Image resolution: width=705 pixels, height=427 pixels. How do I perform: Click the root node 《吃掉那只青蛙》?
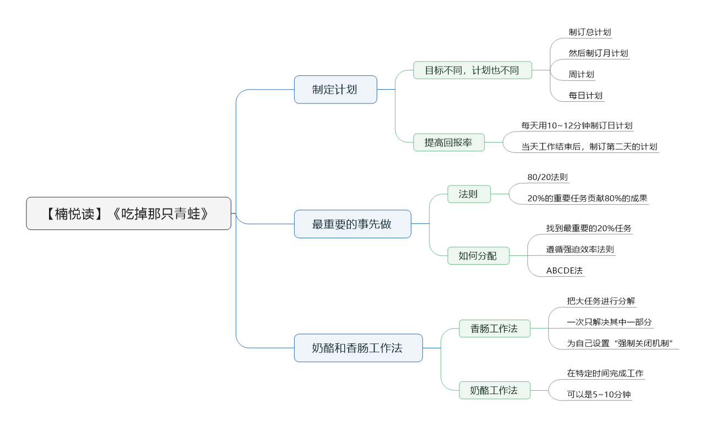pos(128,214)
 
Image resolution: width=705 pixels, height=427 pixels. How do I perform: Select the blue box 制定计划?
pos(335,90)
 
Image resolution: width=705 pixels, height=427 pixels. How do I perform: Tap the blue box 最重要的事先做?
pos(352,224)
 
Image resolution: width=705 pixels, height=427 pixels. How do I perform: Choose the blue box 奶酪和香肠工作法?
pos(359,348)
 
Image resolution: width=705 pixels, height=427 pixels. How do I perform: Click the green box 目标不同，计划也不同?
pos(473,70)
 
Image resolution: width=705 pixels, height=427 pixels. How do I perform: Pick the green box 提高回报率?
pos(449,143)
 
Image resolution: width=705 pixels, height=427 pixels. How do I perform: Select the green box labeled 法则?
pos(469,194)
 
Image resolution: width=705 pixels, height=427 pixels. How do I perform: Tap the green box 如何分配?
pos(479,256)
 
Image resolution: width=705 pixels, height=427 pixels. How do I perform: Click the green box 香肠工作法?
pos(495,329)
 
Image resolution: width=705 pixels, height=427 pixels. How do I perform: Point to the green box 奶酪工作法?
pos(495,390)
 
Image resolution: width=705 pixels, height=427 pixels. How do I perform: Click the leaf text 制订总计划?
pos(590,32)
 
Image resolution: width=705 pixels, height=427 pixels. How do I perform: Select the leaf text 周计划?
pos(581,74)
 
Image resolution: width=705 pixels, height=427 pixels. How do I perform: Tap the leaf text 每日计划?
pos(585,96)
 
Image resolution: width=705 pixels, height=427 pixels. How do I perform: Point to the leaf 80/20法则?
pos(547,177)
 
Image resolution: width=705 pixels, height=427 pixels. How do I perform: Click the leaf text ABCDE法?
pos(565,271)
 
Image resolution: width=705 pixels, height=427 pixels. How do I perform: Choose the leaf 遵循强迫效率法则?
pos(580,249)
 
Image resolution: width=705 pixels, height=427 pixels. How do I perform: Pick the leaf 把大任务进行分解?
pos(601,301)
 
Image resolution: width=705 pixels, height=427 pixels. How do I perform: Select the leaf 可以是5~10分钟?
pos(599,395)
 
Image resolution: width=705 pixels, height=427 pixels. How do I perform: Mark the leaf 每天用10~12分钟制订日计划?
pos(577,126)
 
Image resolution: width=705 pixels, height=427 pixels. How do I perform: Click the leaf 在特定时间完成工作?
pos(605,373)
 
